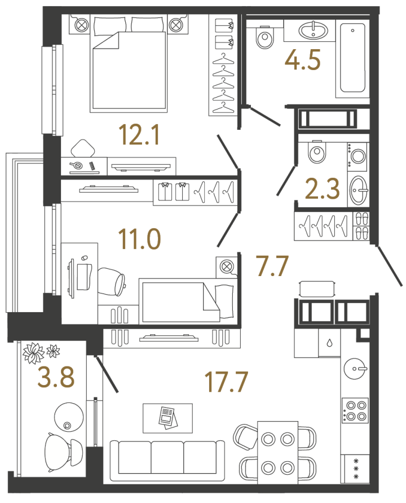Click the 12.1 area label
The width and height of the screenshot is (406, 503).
[x=139, y=135]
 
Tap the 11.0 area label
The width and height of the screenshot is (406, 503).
[x=139, y=239]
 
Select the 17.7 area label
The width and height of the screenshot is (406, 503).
[x=227, y=382]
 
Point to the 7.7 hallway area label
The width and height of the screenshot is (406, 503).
[x=272, y=266]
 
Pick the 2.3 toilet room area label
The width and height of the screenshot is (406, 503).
[x=322, y=189]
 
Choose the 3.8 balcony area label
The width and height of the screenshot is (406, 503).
[x=56, y=377]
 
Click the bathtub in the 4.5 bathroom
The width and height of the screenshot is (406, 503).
[x=352, y=58]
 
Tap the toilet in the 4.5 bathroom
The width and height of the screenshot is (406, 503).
[x=264, y=37]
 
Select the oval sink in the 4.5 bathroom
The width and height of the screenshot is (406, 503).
[x=314, y=30]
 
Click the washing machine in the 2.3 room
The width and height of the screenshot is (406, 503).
[x=357, y=157]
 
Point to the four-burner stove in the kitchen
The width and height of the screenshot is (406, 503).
[x=355, y=410]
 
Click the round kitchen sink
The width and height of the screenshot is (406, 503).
[x=355, y=369]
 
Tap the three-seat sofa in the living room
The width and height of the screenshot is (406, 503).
[x=167, y=461]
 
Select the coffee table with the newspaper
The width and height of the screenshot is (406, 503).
[x=167, y=418]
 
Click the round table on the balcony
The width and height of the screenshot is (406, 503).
[x=69, y=417]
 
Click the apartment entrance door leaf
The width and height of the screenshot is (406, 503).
[x=389, y=266]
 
